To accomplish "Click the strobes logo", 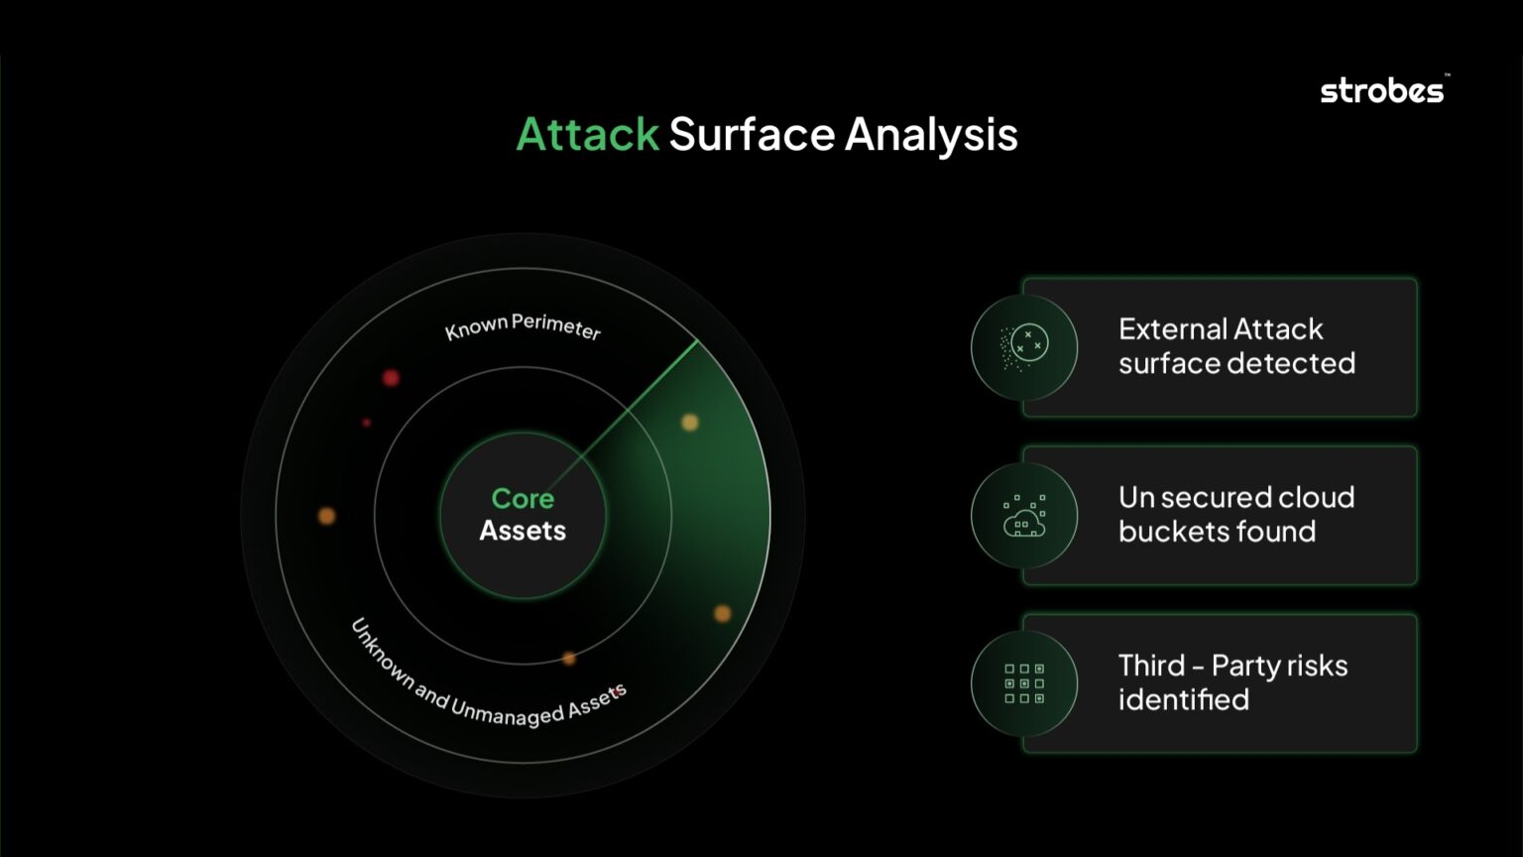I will [1382, 91].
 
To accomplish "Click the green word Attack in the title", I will [587, 134].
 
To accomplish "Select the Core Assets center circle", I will [523, 515].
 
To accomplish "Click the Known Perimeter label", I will [523, 326].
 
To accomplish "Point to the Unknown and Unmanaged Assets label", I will [486, 683].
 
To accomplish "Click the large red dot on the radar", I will [391, 378].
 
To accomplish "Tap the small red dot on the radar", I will [367, 423].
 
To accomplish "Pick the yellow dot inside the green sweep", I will [690, 423].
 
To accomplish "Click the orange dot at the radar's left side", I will [326, 515].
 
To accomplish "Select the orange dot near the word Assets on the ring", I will [569, 658].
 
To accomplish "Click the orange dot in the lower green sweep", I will [723, 613].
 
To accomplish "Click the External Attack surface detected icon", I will [1024, 347].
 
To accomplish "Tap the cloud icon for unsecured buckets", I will [1024, 515].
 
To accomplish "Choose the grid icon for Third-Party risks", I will [1024, 683].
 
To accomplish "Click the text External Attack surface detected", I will [1235, 346].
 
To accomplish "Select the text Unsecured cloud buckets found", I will [1235, 514].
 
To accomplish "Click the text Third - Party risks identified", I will [1231, 682].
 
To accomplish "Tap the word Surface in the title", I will [752, 134].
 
